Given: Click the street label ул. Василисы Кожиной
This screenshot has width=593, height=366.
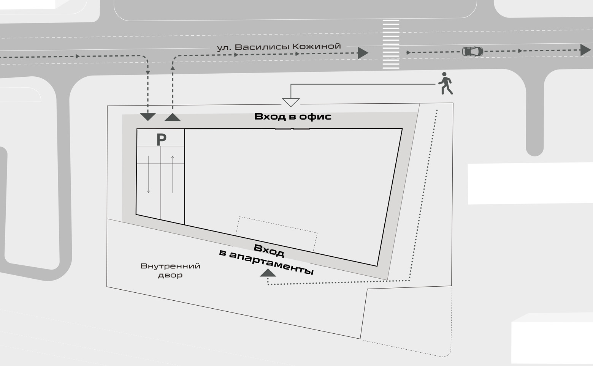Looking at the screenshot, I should pyautogui.click(x=279, y=47).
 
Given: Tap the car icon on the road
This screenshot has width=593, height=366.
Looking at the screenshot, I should pyautogui.click(x=472, y=51).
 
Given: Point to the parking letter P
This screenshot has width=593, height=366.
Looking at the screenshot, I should pyautogui.click(x=161, y=140).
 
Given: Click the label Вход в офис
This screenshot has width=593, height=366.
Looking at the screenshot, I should pyautogui.click(x=293, y=117).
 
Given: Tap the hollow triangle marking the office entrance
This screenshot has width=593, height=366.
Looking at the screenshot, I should pyautogui.click(x=291, y=102).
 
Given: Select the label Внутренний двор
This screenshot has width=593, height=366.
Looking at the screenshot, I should pyautogui.click(x=170, y=270).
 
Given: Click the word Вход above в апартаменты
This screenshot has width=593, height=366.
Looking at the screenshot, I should pyautogui.click(x=269, y=251).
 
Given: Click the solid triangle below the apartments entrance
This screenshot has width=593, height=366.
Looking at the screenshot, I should pyautogui.click(x=268, y=273).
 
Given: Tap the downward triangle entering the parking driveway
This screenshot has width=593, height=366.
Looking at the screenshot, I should pyautogui.click(x=148, y=117).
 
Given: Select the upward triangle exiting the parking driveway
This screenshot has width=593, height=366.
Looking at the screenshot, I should pyautogui.click(x=173, y=117).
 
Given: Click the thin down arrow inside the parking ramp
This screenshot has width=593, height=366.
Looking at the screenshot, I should pyautogui.click(x=148, y=175).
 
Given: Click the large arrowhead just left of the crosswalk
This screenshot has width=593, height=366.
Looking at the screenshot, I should pyautogui.click(x=363, y=53).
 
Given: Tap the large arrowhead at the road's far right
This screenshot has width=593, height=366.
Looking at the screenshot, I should pyautogui.click(x=585, y=50).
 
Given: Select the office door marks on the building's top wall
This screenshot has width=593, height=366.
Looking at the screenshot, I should pyautogui.click(x=292, y=129).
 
